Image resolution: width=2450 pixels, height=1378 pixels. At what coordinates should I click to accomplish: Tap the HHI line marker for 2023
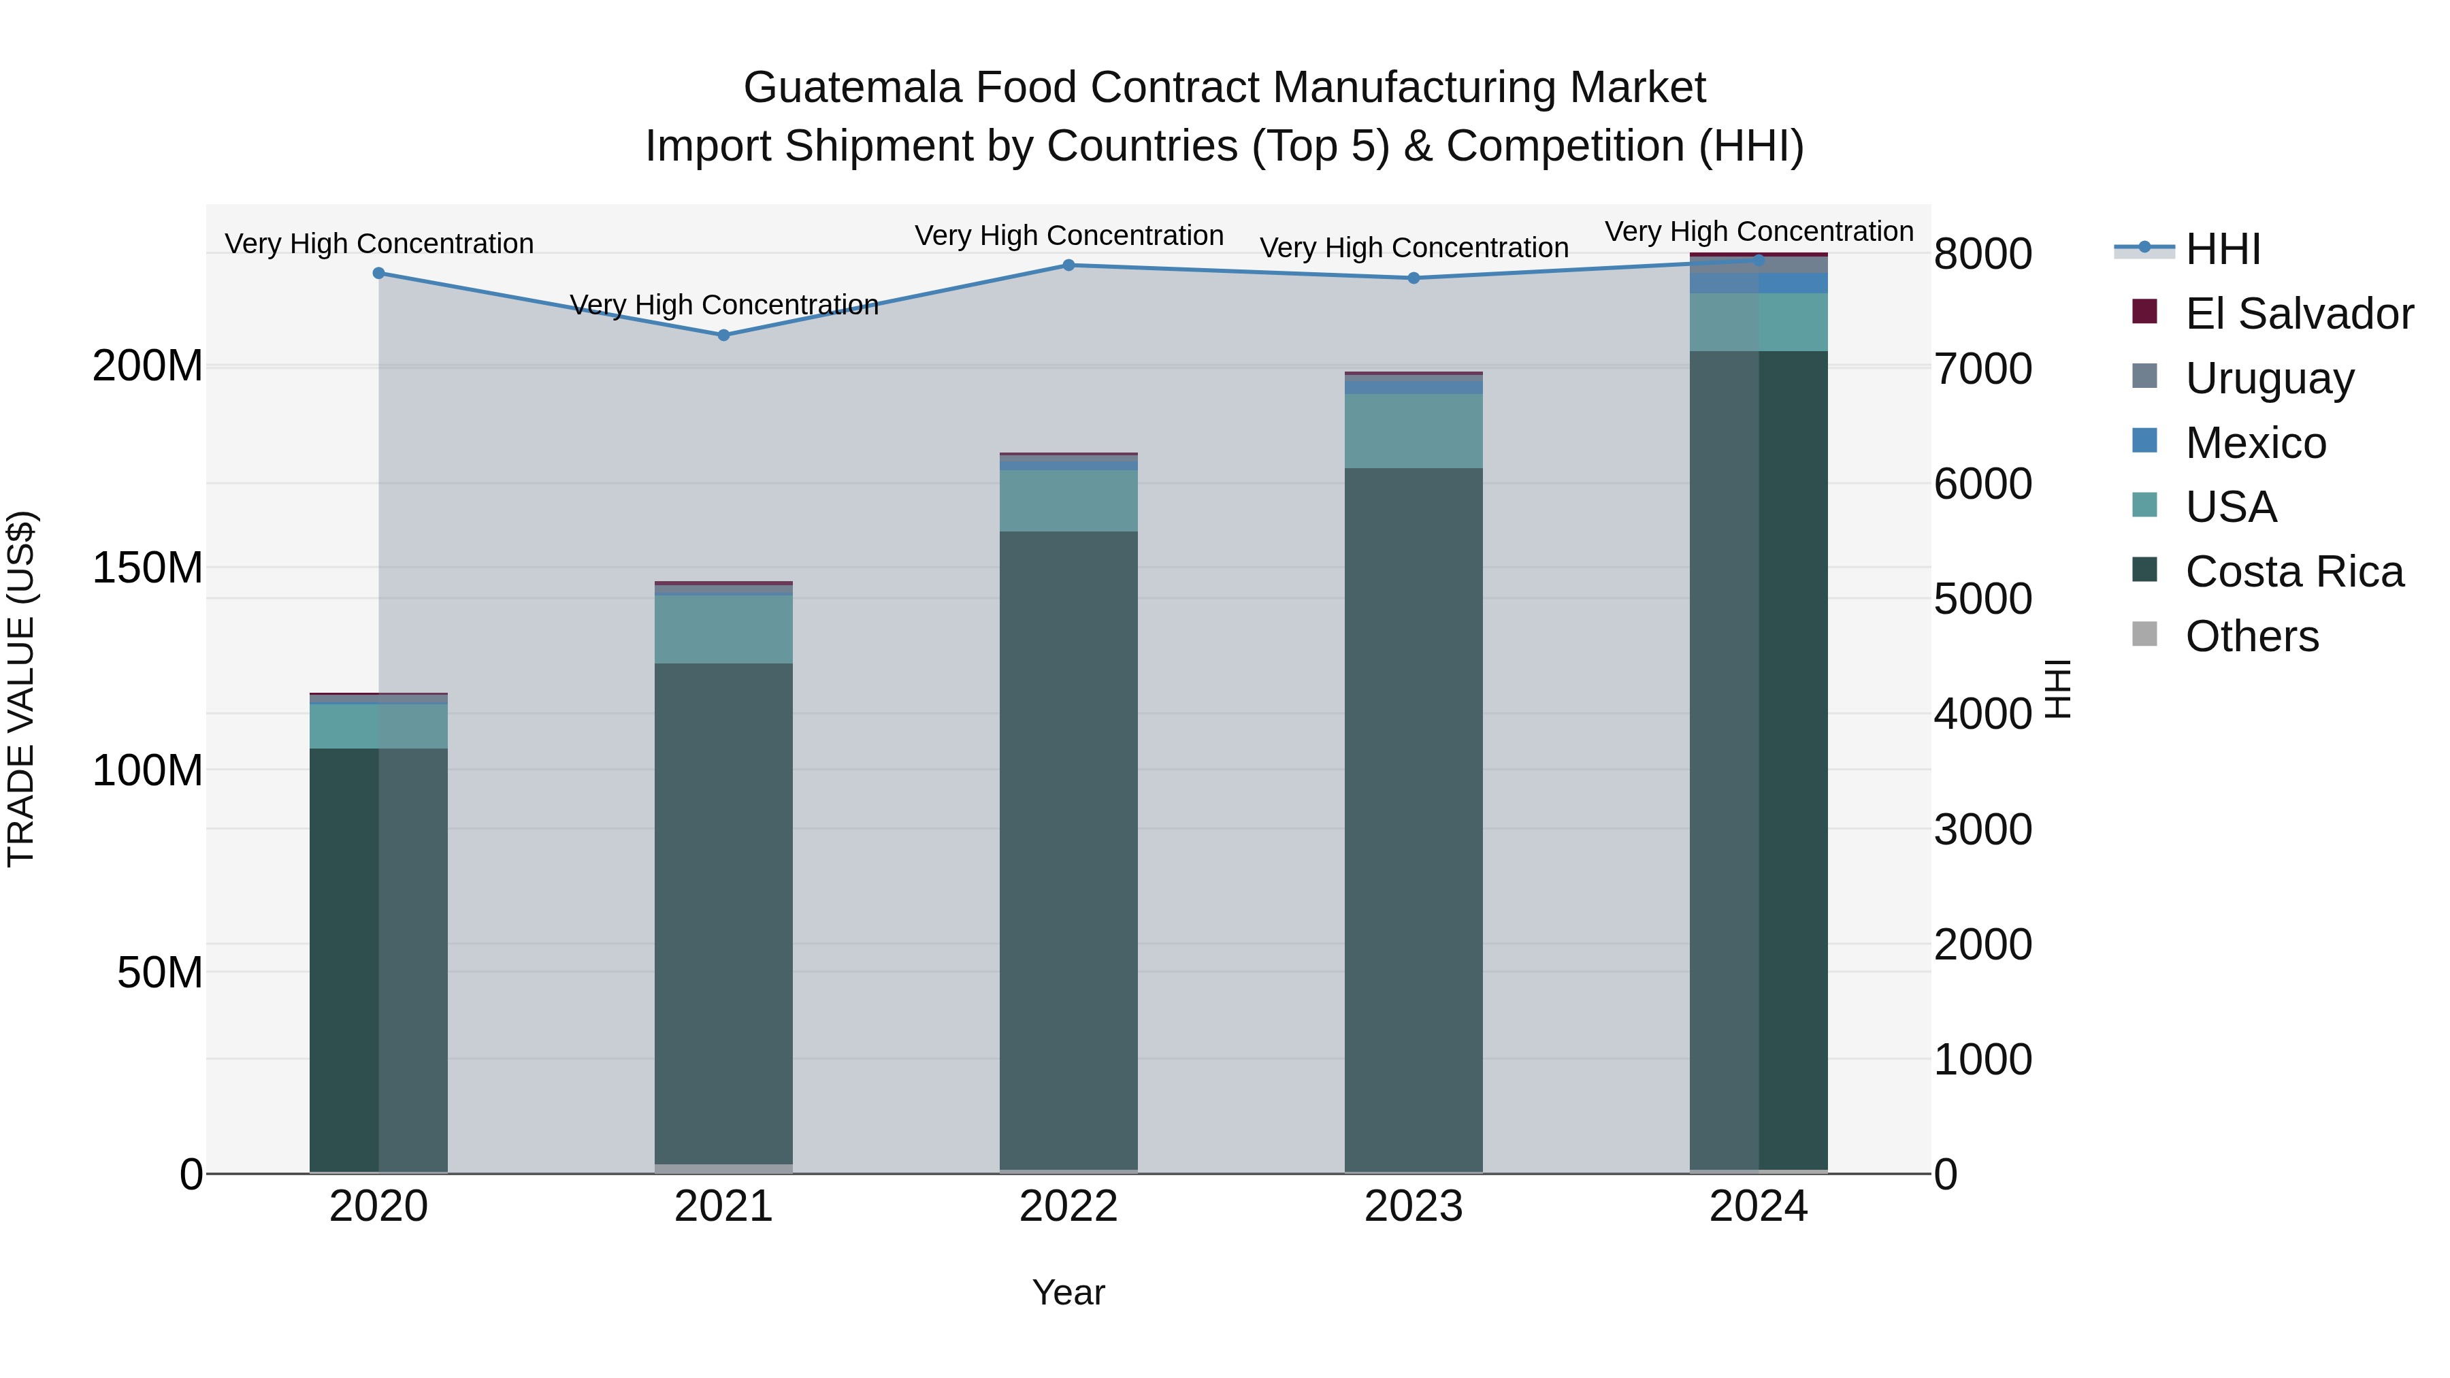pyautogui.click(x=1414, y=278)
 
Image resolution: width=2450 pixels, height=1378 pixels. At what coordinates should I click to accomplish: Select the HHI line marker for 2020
pyautogui.click(x=378, y=273)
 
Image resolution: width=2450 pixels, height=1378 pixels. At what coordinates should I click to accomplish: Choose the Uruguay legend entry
pyautogui.click(x=2269, y=378)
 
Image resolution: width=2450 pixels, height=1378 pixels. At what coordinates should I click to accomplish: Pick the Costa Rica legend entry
pyautogui.click(x=2293, y=572)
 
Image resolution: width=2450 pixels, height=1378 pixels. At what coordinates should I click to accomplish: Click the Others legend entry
pyautogui.click(x=2251, y=636)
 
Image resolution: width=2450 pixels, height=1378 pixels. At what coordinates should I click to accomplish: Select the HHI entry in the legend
pyautogui.click(x=2223, y=249)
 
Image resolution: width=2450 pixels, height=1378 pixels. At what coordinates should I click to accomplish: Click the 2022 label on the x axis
pyautogui.click(x=1068, y=1207)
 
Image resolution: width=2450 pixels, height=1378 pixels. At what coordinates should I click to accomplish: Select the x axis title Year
pyautogui.click(x=1068, y=1292)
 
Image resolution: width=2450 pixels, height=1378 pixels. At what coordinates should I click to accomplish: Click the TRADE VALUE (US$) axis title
pyautogui.click(x=21, y=689)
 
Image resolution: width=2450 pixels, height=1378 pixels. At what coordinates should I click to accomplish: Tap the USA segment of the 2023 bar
pyautogui.click(x=1414, y=431)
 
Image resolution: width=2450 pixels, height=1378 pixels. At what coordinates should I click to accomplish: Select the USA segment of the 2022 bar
pyautogui.click(x=1068, y=500)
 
